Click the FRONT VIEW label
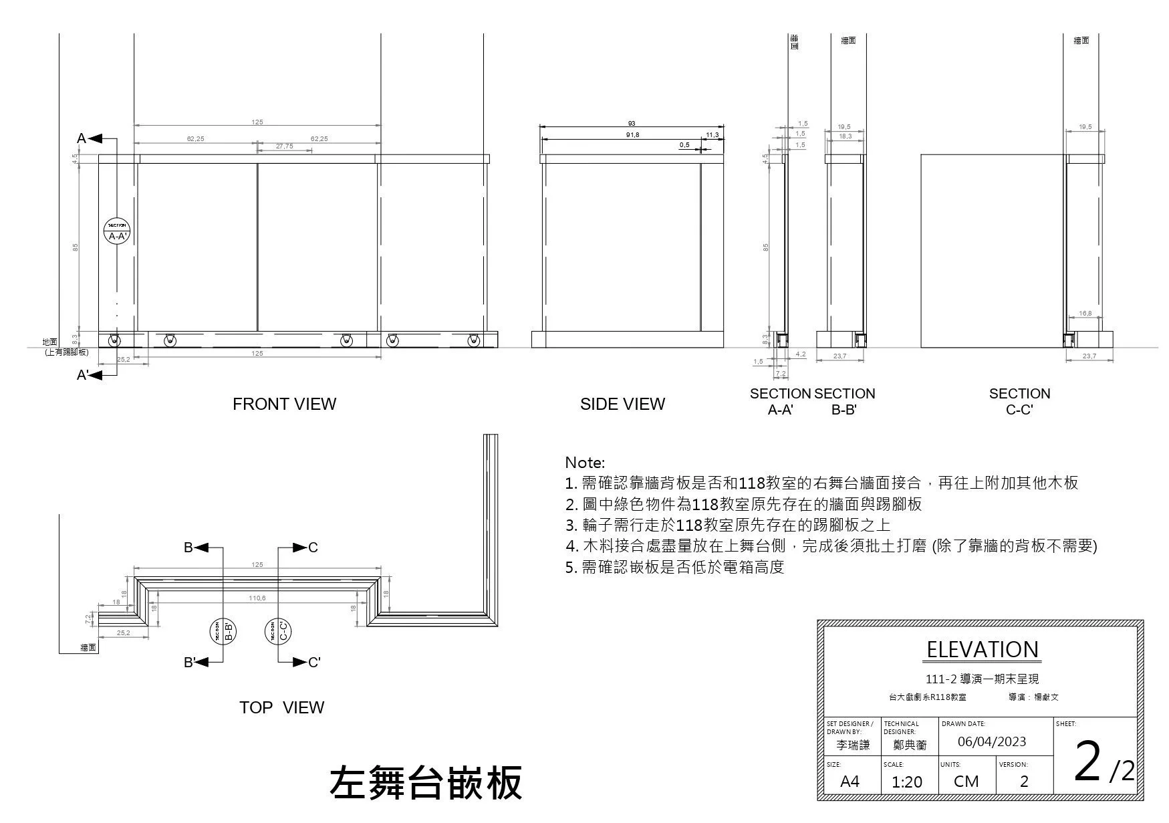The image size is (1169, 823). pyautogui.click(x=284, y=404)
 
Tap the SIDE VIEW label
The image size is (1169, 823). pyautogui.click(x=622, y=404)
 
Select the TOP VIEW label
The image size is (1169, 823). pyautogui.click(x=281, y=707)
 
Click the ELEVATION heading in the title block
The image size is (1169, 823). pyautogui.click(x=982, y=649)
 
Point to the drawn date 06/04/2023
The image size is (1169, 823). pyautogui.click(x=991, y=741)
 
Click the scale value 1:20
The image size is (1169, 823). pyautogui.click(x=906, y=782)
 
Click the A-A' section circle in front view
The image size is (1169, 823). pyautogui.click(x=117, y=231)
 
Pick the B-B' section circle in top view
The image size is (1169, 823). pyautogui.click(x=223, y=631)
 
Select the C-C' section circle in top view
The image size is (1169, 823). pyautogui.click(x=278, y=631)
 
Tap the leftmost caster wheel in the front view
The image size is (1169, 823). pyautogui.click(x=115, y=340)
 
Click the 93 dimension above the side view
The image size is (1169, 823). pyautogui.click(x=632, y=124)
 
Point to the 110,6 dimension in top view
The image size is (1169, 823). pyautogui.click(x=257, y=598)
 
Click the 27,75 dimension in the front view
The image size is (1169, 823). pyautogui.click(x=284, y=146)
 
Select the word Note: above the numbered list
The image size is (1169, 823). pyautogui.click(x=585, y=463)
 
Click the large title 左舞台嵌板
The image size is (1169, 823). pyautogui.click(x=426, y=782)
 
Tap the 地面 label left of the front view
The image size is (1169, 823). pyautogui.click(x=50, y=342)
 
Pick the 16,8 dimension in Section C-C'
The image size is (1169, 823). pyautogui.click(x=1085, y=313)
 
